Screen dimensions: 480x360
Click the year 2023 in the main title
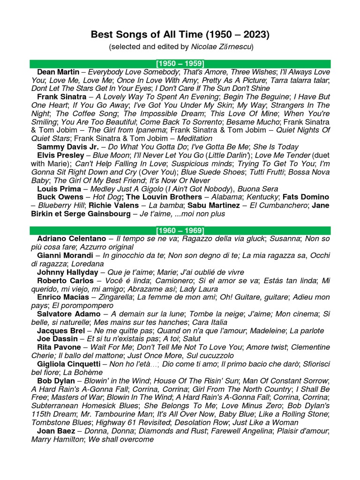point(257,35)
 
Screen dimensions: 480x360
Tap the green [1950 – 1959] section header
point(180,64)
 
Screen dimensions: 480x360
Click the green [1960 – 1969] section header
point(180,230)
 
